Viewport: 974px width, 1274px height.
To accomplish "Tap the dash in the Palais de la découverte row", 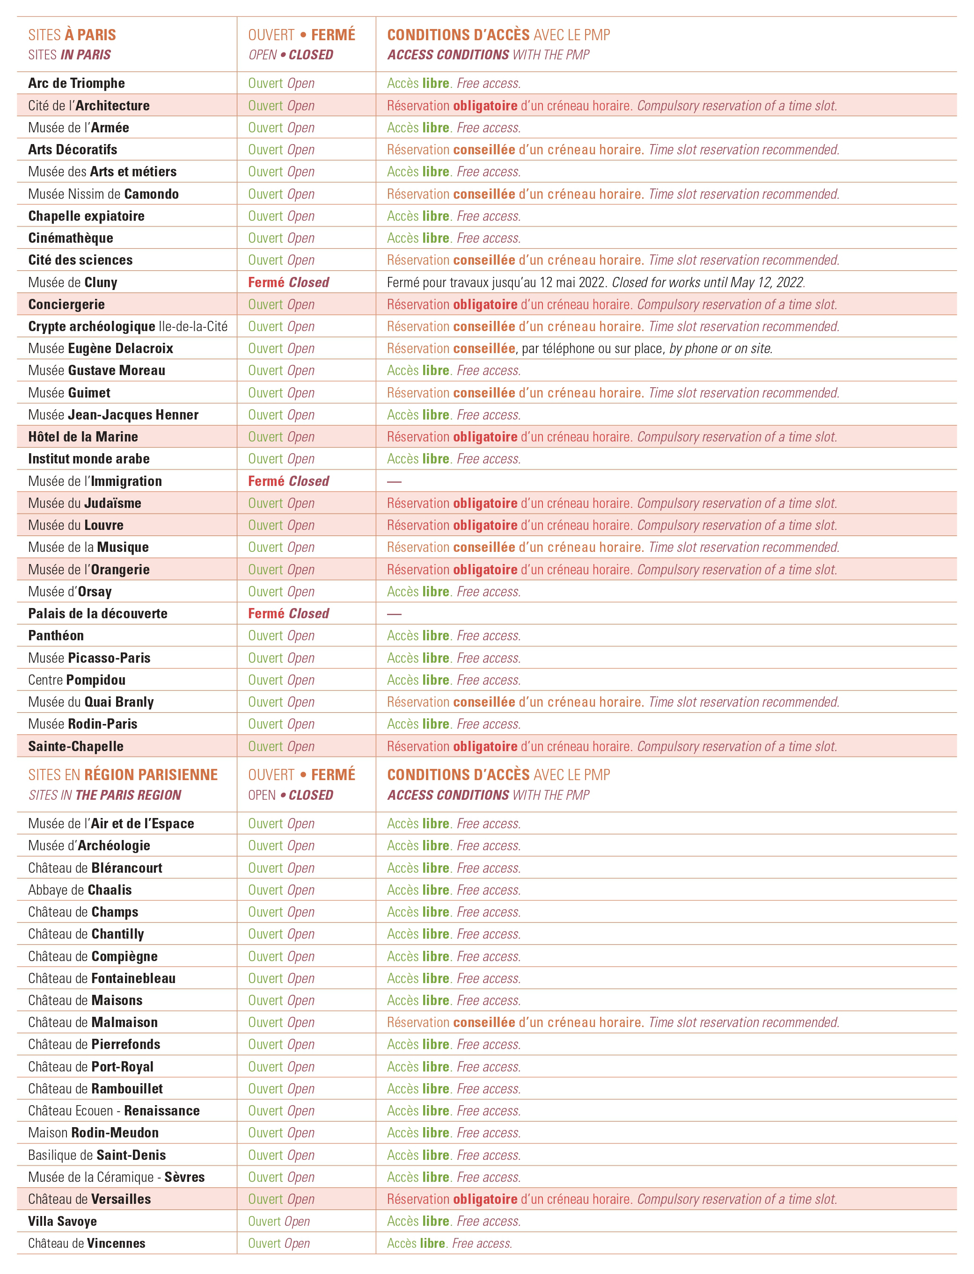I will point(394,614).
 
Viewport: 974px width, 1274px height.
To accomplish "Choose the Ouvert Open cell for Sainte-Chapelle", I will point(281,746).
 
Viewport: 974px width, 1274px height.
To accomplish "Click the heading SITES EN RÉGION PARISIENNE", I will point(123,775).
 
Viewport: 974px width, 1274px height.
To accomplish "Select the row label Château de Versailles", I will point(89,1199).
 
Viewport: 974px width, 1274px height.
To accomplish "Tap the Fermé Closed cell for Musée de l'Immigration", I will point(288,481).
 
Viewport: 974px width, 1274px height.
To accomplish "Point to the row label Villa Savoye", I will point(63,1221).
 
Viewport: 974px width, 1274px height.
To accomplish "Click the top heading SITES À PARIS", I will point(72,35).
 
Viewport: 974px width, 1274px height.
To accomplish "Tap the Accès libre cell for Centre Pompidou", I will point(454,680).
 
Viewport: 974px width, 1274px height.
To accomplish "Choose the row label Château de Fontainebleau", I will point(102,978).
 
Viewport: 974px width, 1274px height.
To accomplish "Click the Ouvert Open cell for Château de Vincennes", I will point(279,1243).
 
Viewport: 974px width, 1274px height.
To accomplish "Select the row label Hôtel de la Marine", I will point(83,437).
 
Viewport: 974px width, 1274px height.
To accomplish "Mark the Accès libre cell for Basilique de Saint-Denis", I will point(454,1155).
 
